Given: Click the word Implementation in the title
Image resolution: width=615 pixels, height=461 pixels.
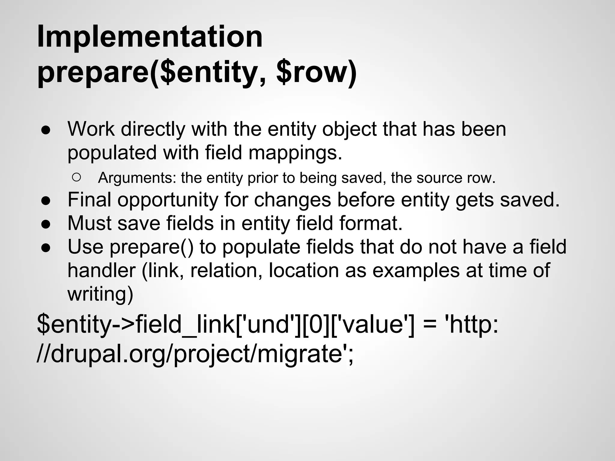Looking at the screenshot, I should coord(150,37).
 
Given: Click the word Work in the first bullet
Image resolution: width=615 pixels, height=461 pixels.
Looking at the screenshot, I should coord(91,129).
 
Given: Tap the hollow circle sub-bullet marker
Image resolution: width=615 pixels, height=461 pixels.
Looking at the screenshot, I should coord(77,178).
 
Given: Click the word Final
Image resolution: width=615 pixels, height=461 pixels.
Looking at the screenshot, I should coord(89,200).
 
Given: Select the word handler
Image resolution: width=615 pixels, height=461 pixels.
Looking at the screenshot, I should coord(101,270).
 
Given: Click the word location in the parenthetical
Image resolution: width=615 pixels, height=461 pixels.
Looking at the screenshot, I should coord(304,270).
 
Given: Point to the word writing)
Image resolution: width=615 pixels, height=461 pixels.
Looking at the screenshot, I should coord(100,294).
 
